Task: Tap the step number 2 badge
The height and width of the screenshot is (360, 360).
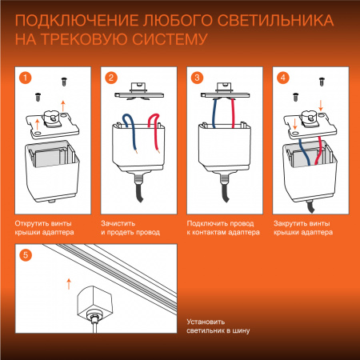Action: tap(112, 78)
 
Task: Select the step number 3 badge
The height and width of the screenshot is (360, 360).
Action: tap(195, 78)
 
